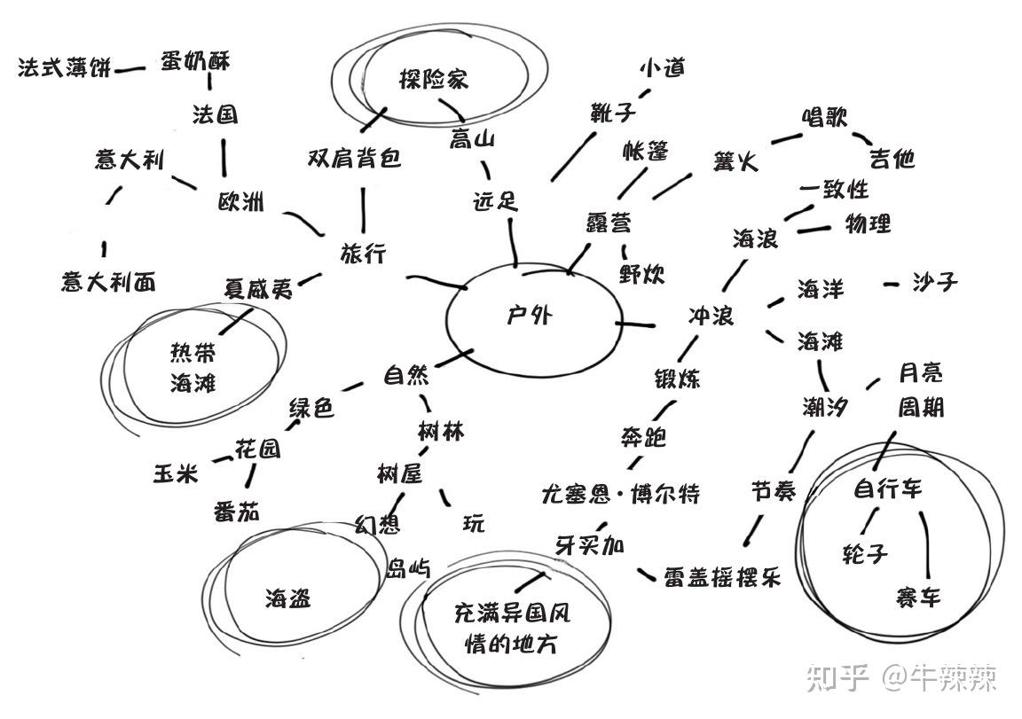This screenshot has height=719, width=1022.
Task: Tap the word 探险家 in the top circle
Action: coord(433,79)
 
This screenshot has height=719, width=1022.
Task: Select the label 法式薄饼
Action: coord(65,67)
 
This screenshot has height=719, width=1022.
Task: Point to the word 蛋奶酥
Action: coord(195,61)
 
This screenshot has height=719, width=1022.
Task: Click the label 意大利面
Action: coord(108,282)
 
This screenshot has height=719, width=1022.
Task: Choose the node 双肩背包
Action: coord(354,158)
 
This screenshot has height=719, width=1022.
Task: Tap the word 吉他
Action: coord(892,158)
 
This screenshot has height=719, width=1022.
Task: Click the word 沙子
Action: coord(935,282)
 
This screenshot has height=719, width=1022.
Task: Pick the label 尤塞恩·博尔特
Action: coord(620,493)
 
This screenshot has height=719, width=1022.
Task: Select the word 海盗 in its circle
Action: coord(288,598)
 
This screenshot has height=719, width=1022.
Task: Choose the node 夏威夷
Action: coord(257,289)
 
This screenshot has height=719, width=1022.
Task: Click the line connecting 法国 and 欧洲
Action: coord(222,156)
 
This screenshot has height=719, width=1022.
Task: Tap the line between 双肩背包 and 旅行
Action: coord(364,208)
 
